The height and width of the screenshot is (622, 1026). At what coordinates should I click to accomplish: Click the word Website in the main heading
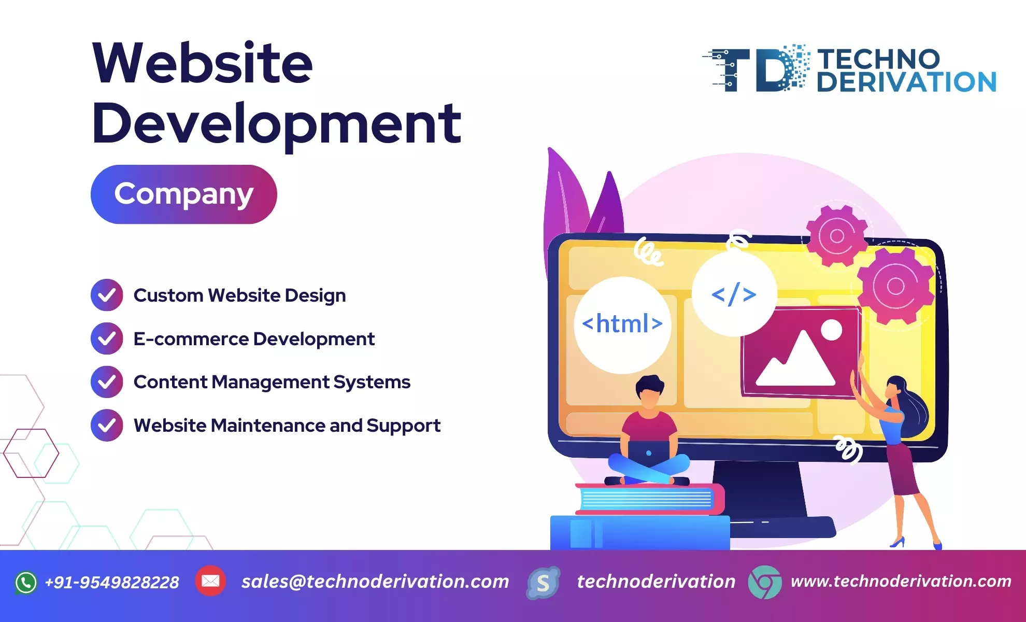[x=203, y=63]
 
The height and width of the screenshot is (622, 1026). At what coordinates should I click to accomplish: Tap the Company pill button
[x=184, y=194]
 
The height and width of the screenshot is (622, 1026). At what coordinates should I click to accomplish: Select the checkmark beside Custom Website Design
[x=107, y=295]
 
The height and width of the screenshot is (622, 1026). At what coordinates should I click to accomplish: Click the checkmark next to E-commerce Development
[x=107, y=338]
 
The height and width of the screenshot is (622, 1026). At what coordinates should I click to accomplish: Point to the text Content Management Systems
[x=272, y=382]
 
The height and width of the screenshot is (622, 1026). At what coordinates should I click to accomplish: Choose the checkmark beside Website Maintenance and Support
[x=107, y=426]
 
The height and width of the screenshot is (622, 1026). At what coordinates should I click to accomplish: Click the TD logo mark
[x=756, y=69]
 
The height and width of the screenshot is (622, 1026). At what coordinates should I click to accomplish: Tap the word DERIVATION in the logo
[x=907, y=82]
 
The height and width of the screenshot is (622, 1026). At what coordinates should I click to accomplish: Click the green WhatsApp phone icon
[x=26, y=583]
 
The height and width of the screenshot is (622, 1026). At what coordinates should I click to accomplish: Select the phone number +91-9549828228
[x=112, y=583]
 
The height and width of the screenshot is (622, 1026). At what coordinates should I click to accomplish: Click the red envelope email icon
[x=210, y=581]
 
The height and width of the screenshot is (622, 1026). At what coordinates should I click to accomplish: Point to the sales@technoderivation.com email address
[x=375, y=582]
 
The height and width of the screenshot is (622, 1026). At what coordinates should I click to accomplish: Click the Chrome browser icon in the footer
[x=765, y=582]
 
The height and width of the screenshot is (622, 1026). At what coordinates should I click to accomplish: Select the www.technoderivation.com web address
[x=901, y=581]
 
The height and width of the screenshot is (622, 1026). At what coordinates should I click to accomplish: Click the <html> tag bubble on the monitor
[x=622, y=324]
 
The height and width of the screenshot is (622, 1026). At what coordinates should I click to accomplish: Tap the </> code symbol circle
[x=734, y=294]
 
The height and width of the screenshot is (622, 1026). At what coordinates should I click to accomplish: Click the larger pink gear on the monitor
[x=896, y=286]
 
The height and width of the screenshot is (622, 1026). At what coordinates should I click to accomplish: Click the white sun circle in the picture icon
[x=832, y=330]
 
